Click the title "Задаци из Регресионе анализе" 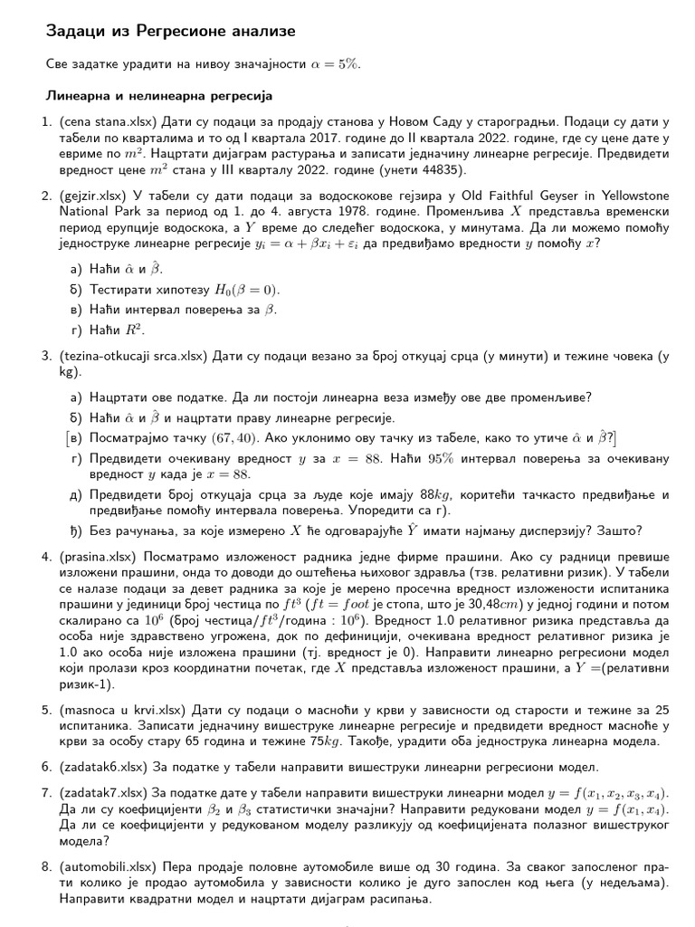170,32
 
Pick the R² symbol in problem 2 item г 136,330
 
